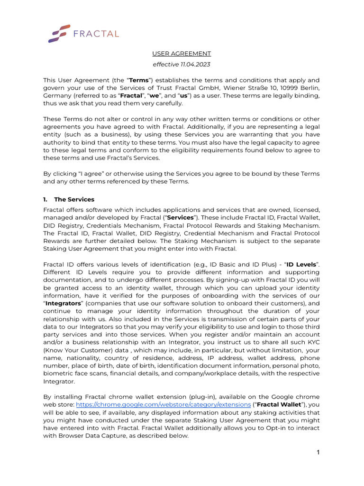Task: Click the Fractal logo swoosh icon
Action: pos(59,34)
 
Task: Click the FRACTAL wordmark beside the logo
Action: pos(96,34)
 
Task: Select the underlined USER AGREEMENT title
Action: pos(182,54)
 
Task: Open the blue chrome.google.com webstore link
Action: pos(164,404)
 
